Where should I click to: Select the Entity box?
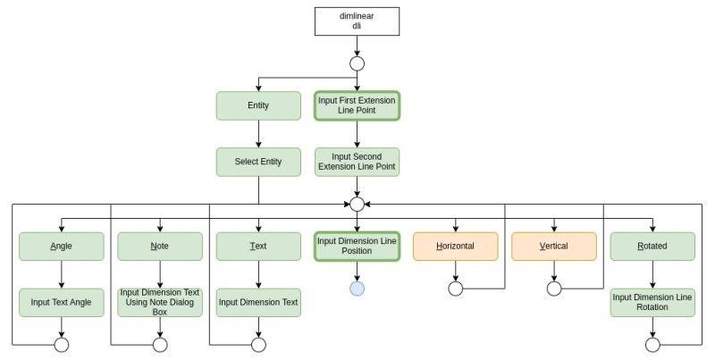pos(258,106)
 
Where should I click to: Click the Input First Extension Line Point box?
pos(357,106)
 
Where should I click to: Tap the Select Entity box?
pos(258,162)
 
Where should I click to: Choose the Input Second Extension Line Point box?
pos(357,162)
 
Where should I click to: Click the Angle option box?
pos(62,246)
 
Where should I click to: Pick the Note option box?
pos(160,246)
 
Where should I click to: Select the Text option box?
pos(258,246)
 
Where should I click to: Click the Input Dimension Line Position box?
pos(357,246)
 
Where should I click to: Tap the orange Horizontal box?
pos(455,246)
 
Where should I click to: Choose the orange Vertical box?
pos(553,246)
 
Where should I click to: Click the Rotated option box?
pos(652,246)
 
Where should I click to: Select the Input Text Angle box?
pos(62,302)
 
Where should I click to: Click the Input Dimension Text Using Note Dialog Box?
pos(160,302)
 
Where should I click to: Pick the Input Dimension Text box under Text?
pos(258,302)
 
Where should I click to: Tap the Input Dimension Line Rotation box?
pos(652,302)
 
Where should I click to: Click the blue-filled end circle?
pos(357,289)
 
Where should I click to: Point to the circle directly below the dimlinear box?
pos(357,63)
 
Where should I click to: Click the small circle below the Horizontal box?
pos(455,289)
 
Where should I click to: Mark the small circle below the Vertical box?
pos(553,289)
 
